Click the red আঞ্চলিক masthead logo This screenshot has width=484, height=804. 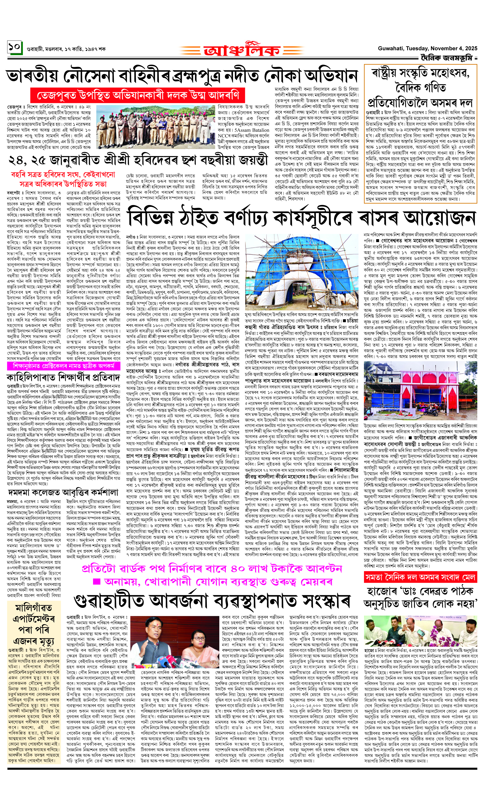pyautogui.click(x=241, y=50)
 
